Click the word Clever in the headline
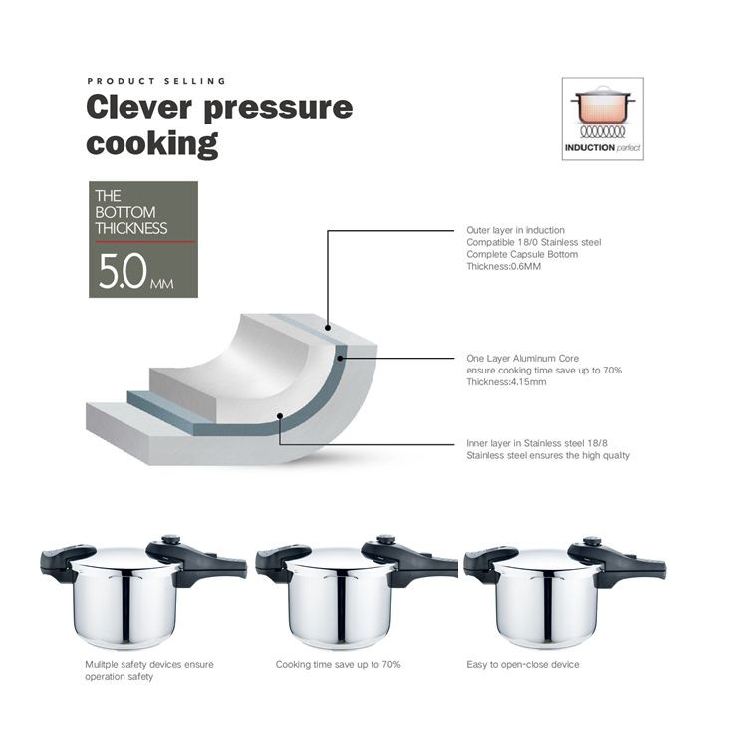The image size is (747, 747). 138,107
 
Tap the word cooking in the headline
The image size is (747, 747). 152,143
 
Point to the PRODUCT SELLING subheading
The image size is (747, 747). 156,81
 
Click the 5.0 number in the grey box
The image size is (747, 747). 123,271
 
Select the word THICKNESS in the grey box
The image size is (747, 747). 131,228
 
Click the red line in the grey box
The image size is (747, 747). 144,242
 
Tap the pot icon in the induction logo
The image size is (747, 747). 603,105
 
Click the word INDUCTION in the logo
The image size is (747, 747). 590,148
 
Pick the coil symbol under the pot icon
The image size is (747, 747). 603,131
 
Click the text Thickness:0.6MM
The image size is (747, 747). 504,266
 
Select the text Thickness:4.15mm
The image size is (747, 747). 506,382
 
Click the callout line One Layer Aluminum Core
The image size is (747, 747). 397,359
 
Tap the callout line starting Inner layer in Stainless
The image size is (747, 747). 367,444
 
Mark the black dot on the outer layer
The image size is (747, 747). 328,328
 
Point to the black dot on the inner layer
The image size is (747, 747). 280,416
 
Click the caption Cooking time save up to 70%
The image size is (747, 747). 339,664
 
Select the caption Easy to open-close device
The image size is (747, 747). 523,664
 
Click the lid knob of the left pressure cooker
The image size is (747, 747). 171,540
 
